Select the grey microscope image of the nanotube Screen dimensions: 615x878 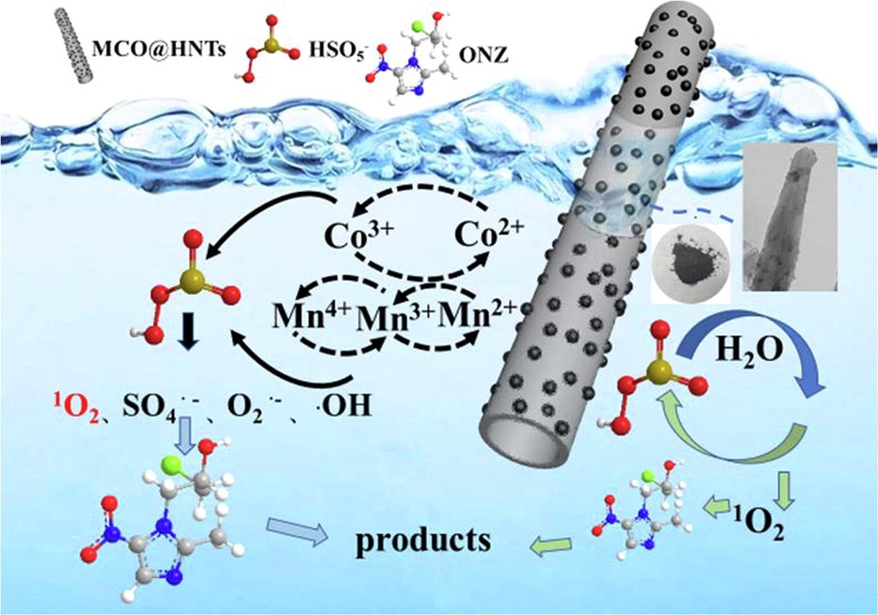tap(789, 226)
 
